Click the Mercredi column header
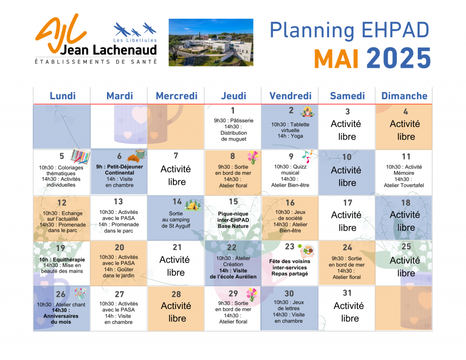click(177, 96)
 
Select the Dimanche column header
click(404, 96)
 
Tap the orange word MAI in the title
click(336, 59)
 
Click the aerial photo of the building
click(211, 42)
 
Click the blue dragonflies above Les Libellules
click(135, 30)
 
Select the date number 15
click(233, 202)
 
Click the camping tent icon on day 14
click(192, 204)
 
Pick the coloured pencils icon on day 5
click(80, 156)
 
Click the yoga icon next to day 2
click(307, 112)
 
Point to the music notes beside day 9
click(307, 157)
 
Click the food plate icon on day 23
click(306, 250)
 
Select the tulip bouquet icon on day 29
click(252, 294)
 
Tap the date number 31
click(347, 293)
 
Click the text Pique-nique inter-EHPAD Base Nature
click(233, 220)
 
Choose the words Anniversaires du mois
click(61, 319)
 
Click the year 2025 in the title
click(399, 58)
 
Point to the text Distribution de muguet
click(233, 136)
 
